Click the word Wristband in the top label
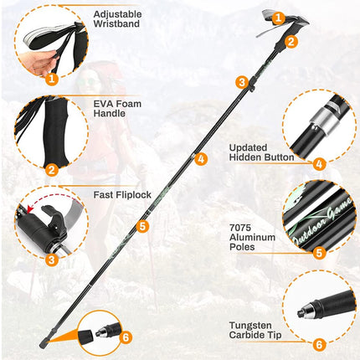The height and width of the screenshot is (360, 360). (116, 23)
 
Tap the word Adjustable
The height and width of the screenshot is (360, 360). (117, 14)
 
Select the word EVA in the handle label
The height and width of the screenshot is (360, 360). (102, 104)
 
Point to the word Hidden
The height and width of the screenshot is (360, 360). (244, 157)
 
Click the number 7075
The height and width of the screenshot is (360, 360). (240, 228)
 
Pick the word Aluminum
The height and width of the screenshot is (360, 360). (252, 238)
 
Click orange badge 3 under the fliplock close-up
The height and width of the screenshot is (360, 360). (52, 260)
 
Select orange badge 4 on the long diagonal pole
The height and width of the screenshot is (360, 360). (201, 159)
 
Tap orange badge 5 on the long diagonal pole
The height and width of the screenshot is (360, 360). (142, 226)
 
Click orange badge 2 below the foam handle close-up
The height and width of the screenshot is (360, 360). (52, 170)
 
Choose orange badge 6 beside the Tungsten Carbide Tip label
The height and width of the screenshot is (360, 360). (319, 345)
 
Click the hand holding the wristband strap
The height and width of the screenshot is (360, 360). (44, 64)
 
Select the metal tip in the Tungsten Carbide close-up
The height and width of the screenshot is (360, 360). (304, 311)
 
